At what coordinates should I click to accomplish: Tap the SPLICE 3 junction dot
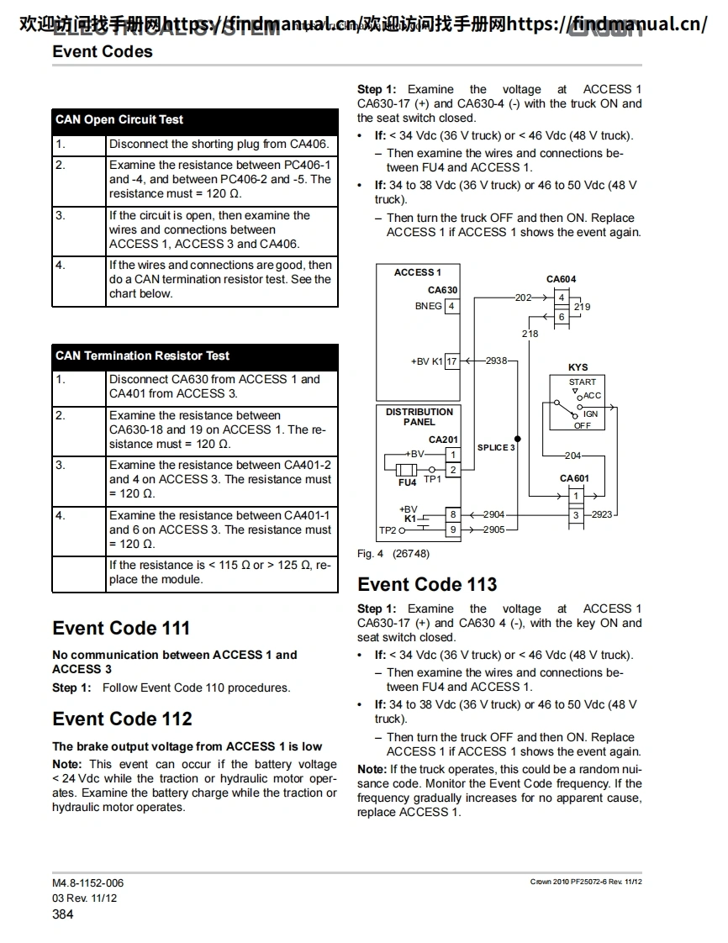pyautogui.click(x=518, y=439)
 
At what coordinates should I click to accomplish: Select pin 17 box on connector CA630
pyautogui.click(x=451, y=361)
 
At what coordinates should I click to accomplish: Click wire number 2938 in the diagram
pyautogui.click(x=497, y=361)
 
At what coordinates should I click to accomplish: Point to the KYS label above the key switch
pyautogui.click(x=578, y=367)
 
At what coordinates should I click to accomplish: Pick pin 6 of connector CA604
pyautogui.click(x=562, y=316)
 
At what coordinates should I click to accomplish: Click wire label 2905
pyautogui.click(x=494, y=529)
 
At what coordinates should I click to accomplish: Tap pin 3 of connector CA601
pyautogui.click(x=576, y=515)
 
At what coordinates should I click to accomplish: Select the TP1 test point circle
pyautogui.click(x=432, y=470)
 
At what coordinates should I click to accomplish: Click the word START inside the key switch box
pyautogui.click(x=582, y=382)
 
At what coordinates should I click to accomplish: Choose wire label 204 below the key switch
pyautogui.click(x=572, y=456)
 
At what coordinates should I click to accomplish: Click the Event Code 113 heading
pyautogui.click(x=427, y=584)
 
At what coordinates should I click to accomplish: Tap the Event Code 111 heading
pyautogui.click(x=121, y=628)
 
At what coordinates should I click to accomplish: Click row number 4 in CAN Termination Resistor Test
pyautogui.click(x=61, y=515)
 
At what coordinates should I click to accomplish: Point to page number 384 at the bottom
pyautogui.click(x=63, y=914)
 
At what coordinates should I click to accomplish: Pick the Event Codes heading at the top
pyautogui.click(x=103, y=51)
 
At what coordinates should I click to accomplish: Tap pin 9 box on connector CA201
pyautogui.click(x=452, y=529)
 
